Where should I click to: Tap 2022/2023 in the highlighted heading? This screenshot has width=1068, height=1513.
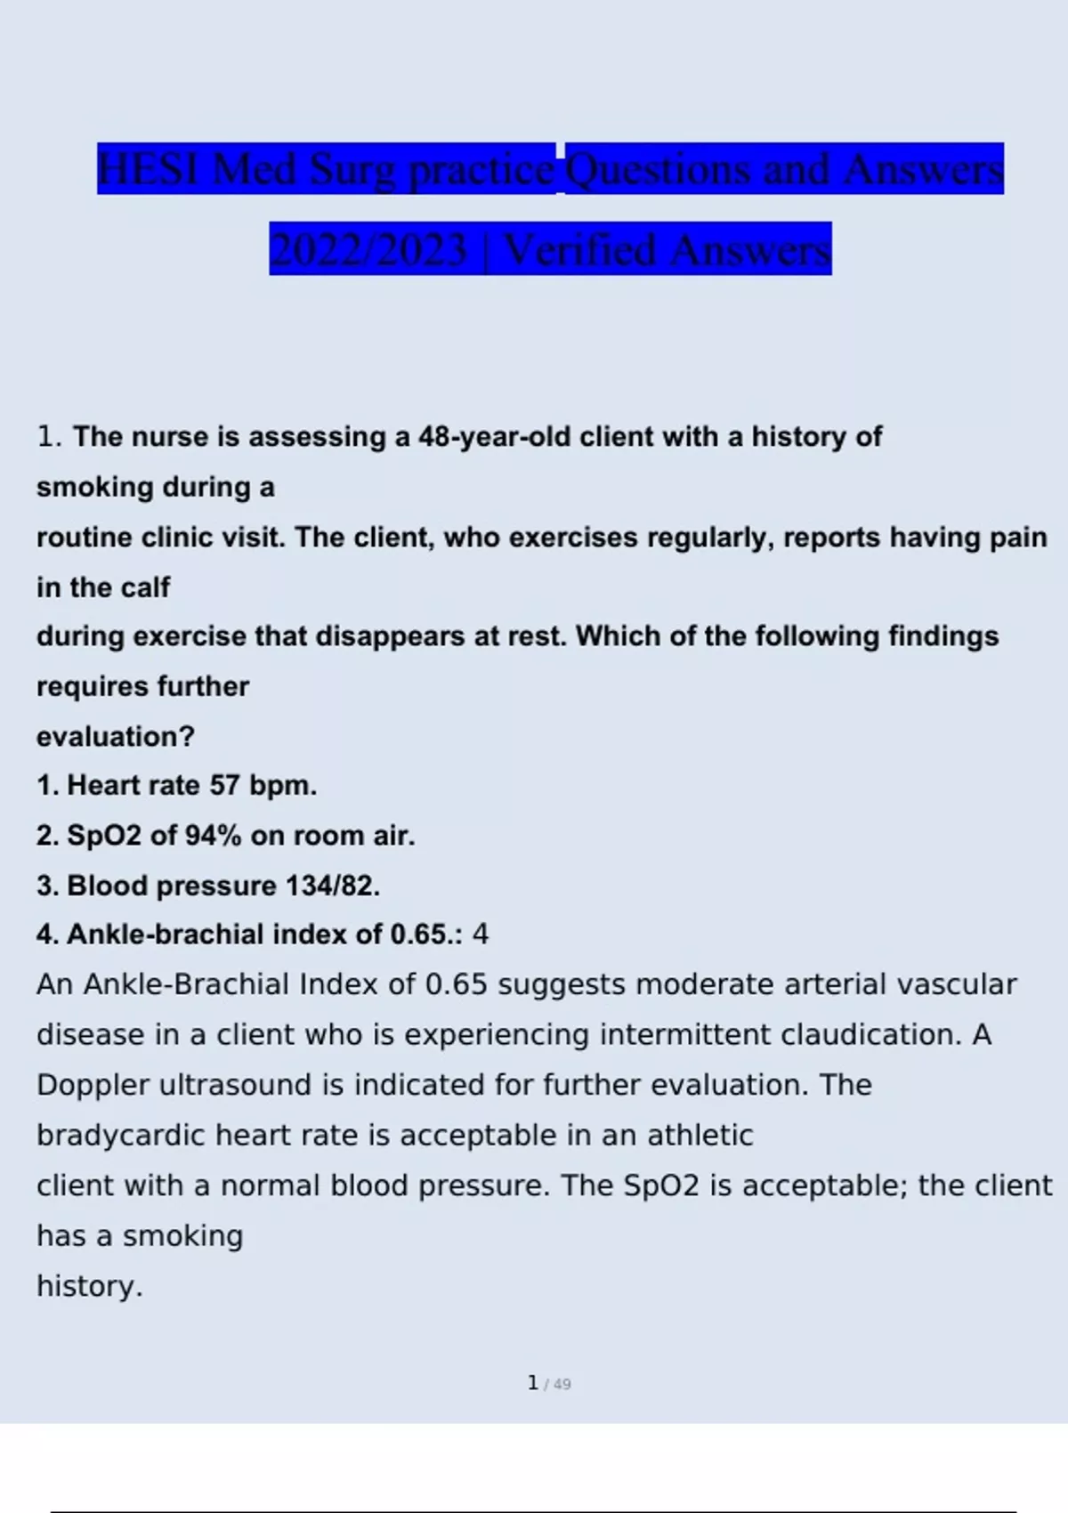368,250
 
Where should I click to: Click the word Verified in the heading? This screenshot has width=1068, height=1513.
579,250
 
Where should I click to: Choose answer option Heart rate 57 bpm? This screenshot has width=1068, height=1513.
191,786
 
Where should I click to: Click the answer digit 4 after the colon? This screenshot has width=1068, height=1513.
481,934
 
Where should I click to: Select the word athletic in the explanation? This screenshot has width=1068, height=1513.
700,1136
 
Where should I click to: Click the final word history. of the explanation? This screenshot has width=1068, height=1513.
89,1286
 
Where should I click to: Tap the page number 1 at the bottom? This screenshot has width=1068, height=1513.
532,1383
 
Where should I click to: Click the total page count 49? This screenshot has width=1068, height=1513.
562,1385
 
